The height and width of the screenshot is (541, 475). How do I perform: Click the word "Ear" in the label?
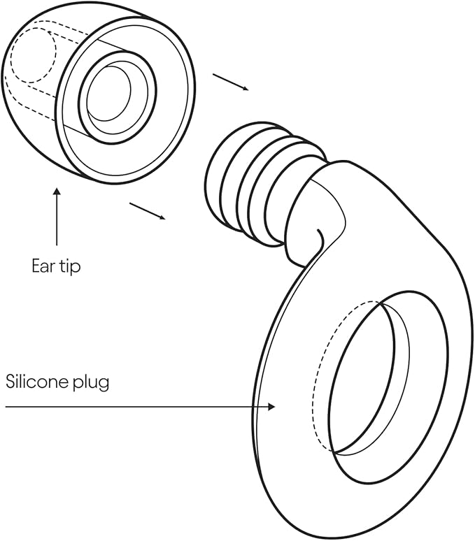coord(43,266)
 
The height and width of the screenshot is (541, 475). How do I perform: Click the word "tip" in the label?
coord(69,266)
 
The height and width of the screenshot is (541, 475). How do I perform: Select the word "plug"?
coord(89,383)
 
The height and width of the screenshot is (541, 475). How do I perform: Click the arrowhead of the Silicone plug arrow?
coord(272,406)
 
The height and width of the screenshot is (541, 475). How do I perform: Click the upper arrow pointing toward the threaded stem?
coord(231,82)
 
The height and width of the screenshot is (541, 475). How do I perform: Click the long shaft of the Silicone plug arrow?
coord(140,406)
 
